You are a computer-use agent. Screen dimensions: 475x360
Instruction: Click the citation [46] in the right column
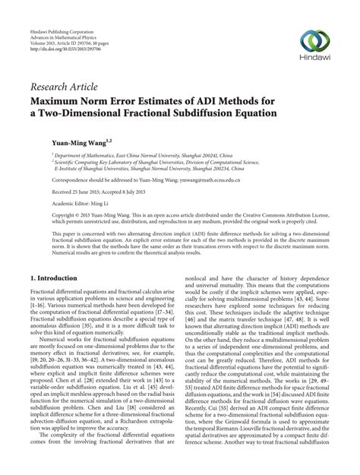[191, 333]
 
